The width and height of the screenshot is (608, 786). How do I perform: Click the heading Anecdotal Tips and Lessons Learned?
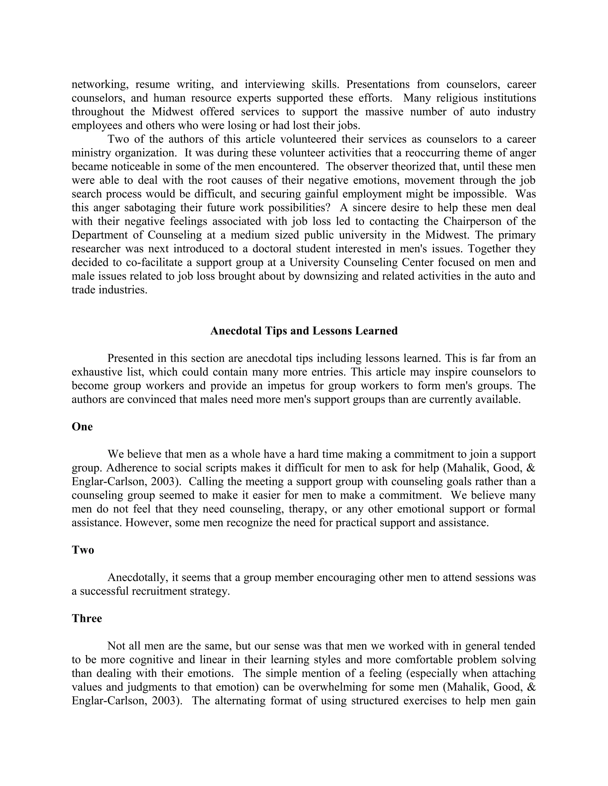pyautogui.click(x=304, y=331)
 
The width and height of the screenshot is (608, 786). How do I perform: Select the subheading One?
pyautogui.click(x=82, y=427)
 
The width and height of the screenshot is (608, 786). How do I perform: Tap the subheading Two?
pyautogui.click(x=83, y=550)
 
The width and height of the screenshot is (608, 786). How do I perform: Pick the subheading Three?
pyautogui.click(x=87, y=618)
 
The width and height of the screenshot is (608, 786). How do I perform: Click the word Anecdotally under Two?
pyautogui.click(x=138, y=577)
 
